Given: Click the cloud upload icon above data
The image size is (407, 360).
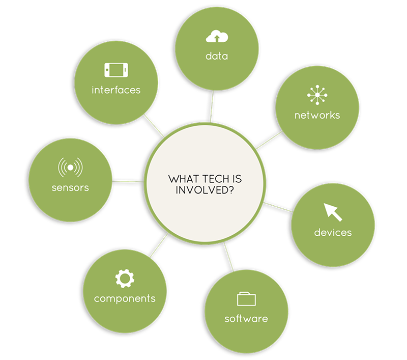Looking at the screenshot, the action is pyautogui.click(x=217, y=36).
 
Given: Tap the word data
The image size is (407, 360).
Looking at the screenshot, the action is pyautogui.click(x=217, y=56).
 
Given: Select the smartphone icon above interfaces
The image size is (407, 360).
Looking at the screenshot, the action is pyautogui.click(x=116, y=70).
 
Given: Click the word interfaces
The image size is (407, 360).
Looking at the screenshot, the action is pyautogui.click(x=116, y=90).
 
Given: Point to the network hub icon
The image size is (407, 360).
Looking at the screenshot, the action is pyautogui.click(x=317, y=95).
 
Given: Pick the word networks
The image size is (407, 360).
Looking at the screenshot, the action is pyautogui.click(x=317, y=115).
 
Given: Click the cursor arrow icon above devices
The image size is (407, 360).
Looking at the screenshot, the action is pyautogui.click(x=333, y=212).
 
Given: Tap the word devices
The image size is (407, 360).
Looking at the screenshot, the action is pyautogui.click(x=333, y=233).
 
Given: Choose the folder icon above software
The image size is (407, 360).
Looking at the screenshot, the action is pyautogui.click(x=246, y=299).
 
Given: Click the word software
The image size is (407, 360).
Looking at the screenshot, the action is pyautogui.click(x=246, y=318).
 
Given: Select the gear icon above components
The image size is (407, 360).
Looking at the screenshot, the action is pyautogui.click(x=125, y=279).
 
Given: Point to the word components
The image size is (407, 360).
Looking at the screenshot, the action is pyautogui.click(x=125, y=299).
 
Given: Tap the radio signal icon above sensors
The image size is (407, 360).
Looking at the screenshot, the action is pyautogui.click(x=70, y=168).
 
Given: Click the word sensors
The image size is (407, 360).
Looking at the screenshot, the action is pyautogui.click(x=70, y=187).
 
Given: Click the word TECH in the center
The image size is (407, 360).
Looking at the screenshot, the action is pyautogui.click(x=215, y=179).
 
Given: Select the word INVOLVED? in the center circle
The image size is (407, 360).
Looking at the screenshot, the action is pyautogui.click(x=205, y=190).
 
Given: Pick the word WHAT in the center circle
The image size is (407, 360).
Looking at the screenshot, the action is pyautogui.click(x=184, y=179).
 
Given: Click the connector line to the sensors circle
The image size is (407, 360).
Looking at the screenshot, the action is pyautogui.click(x=128, y=181).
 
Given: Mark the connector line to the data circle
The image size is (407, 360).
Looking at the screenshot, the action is pyautogui.click(x=212, y=106).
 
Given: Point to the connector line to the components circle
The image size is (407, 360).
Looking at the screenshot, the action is pyautogui.click(x=159, y=245).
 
